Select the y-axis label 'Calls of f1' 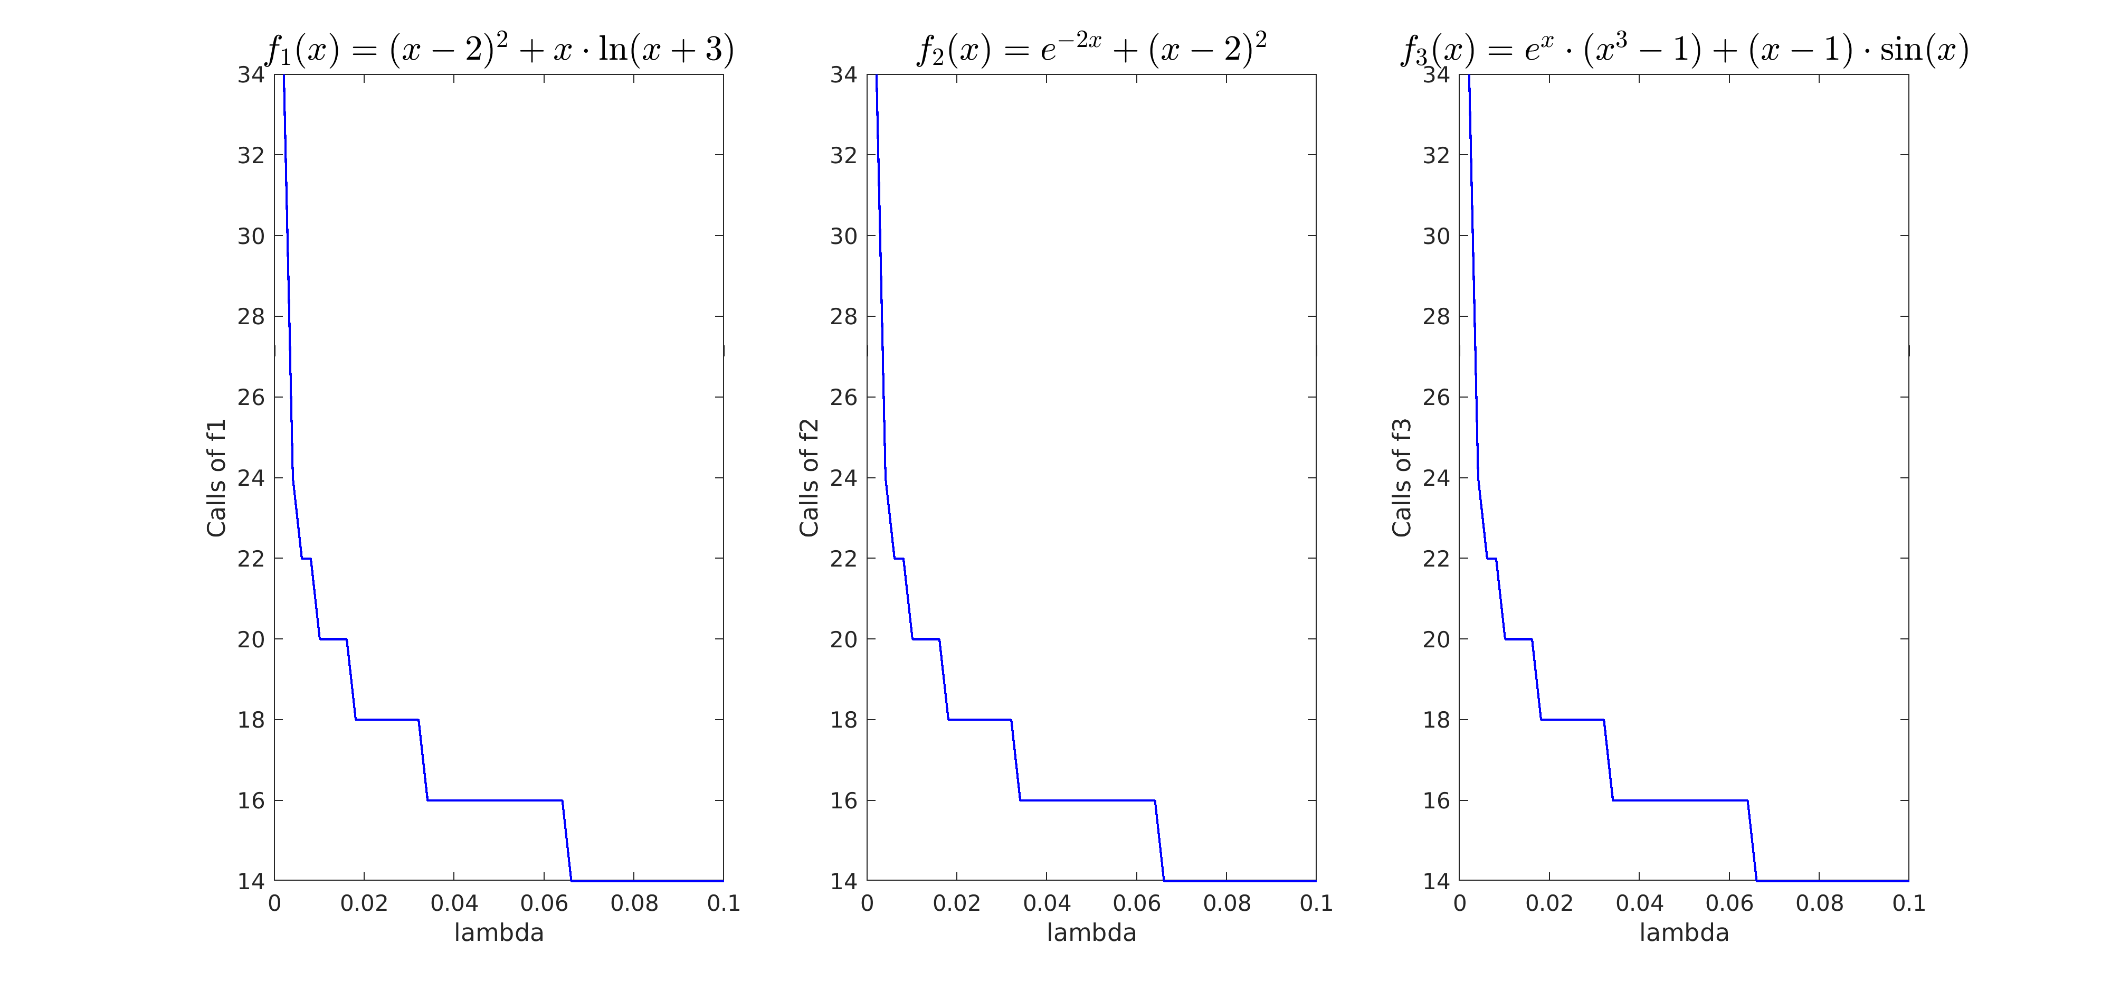click(216, 478)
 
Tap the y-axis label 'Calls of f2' click(809, 478)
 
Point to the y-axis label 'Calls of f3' click(1401, 478)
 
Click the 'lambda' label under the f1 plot click(499, 932)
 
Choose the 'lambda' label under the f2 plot click(1091, 932)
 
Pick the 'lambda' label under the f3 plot click(1684, 932)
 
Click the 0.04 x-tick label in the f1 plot click(454, 903)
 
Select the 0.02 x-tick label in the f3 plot click(1549, 903)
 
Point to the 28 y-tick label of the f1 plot click(251, 316)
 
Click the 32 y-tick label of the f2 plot click(843, 155)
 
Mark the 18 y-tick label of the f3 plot click(1435, 720)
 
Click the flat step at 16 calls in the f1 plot click(495, 800)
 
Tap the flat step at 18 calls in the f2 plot click(980, 720)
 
